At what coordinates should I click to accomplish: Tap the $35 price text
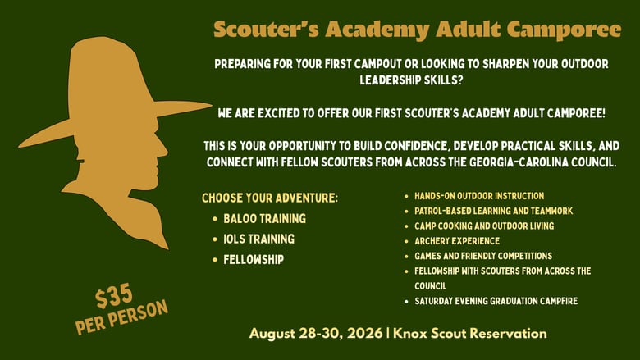(x=114, y=296)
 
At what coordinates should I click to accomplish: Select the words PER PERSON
(x=121, y=317)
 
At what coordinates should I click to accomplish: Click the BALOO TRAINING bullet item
(x=264, y=218)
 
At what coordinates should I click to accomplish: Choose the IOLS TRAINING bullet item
(x=258, y=239)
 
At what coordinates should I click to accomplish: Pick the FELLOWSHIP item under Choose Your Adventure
(x=254, y=260)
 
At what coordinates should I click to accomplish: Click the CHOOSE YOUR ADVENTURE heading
(x=270, y=198)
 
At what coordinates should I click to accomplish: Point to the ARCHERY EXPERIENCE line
(x=457, y=241)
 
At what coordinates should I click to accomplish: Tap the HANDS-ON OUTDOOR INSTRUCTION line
(x=479, y=196)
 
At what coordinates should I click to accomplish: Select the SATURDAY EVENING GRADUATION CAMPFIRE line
(x=496, y=301)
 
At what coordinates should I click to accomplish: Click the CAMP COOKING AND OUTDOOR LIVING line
(x=484, y=226)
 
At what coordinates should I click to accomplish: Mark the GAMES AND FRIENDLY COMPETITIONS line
(x=483, y=256)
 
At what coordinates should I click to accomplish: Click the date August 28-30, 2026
(x=316, y=334)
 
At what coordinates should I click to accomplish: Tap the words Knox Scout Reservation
(x=470, y=334)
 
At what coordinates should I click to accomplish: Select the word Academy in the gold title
(x=377, y=30)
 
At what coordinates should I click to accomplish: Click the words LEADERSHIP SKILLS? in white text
(x=411, y=80)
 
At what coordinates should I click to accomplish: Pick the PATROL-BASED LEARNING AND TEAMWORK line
(x=493, y=212)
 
